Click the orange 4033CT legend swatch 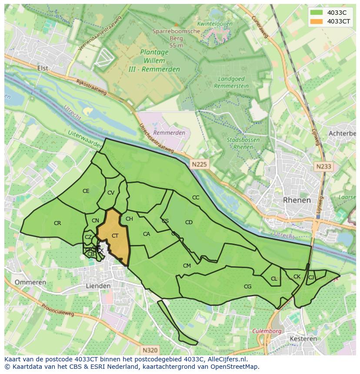point(317,22)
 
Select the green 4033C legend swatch point(317,13)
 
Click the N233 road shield point(323,166)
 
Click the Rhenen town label point(297,200)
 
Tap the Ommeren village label point(30,282)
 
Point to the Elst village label point(43,68)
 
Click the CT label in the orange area point(115,236)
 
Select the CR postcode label point(57,223)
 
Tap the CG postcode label point(247,286)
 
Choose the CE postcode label point(86,191)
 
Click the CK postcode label point(297,277)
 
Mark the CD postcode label point(189,222)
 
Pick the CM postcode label point(187,266)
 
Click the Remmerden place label point(169,132)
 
